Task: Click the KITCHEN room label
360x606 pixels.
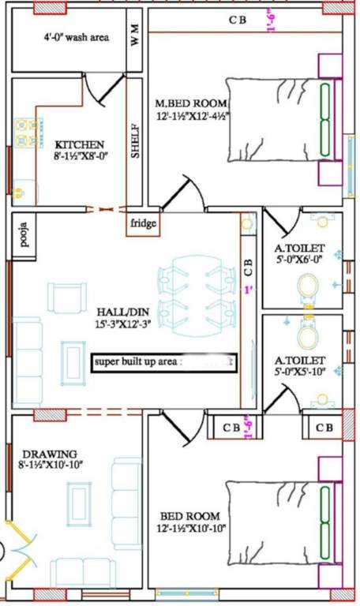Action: (79, 144)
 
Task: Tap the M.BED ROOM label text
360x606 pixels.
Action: (191, 103)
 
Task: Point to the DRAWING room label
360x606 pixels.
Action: (49, 454)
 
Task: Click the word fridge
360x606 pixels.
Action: (144, 223)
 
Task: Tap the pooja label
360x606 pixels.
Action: (24, 235)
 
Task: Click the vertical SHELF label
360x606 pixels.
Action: (135, 140)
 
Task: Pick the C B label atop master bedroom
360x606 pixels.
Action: (237, 21)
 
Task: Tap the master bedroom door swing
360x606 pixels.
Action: (187, 193)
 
